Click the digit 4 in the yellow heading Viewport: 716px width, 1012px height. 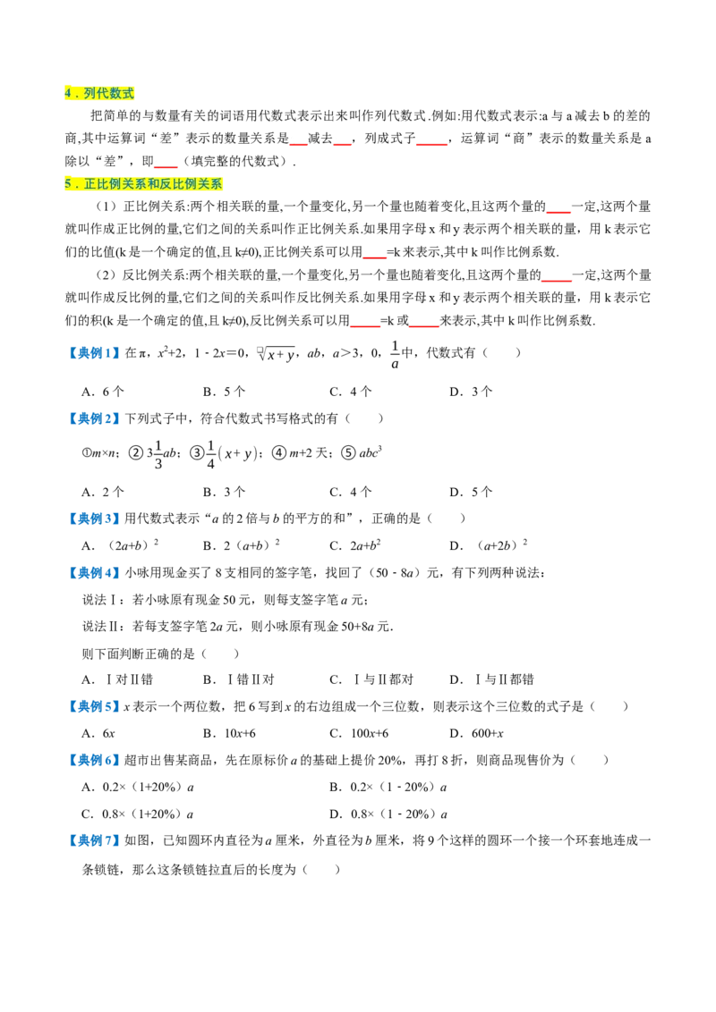click(68, 94)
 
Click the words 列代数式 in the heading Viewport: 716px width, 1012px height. click(109, 94)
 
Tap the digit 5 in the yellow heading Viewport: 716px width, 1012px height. click(68, 184)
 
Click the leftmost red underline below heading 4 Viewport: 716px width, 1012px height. click(298, 145)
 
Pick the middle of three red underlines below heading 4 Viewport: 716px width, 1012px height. click(344, 145)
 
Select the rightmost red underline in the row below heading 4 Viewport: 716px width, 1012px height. click(432, 145)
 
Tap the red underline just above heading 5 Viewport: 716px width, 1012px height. click(165, 167)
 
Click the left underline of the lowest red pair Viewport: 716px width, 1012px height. click(366, 326)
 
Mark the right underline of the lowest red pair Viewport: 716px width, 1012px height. click(424, 326)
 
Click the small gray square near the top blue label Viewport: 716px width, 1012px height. click(257, 350)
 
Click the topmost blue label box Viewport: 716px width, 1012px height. click(93, 353)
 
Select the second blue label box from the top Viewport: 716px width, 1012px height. click(93, 418)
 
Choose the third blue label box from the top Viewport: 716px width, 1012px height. click(93, 519)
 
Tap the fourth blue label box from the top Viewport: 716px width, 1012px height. click(93, 573)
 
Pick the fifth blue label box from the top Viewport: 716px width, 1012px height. click(93, 706)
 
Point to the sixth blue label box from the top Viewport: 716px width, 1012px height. click(93, 761)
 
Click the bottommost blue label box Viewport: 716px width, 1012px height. click(93, 840)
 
